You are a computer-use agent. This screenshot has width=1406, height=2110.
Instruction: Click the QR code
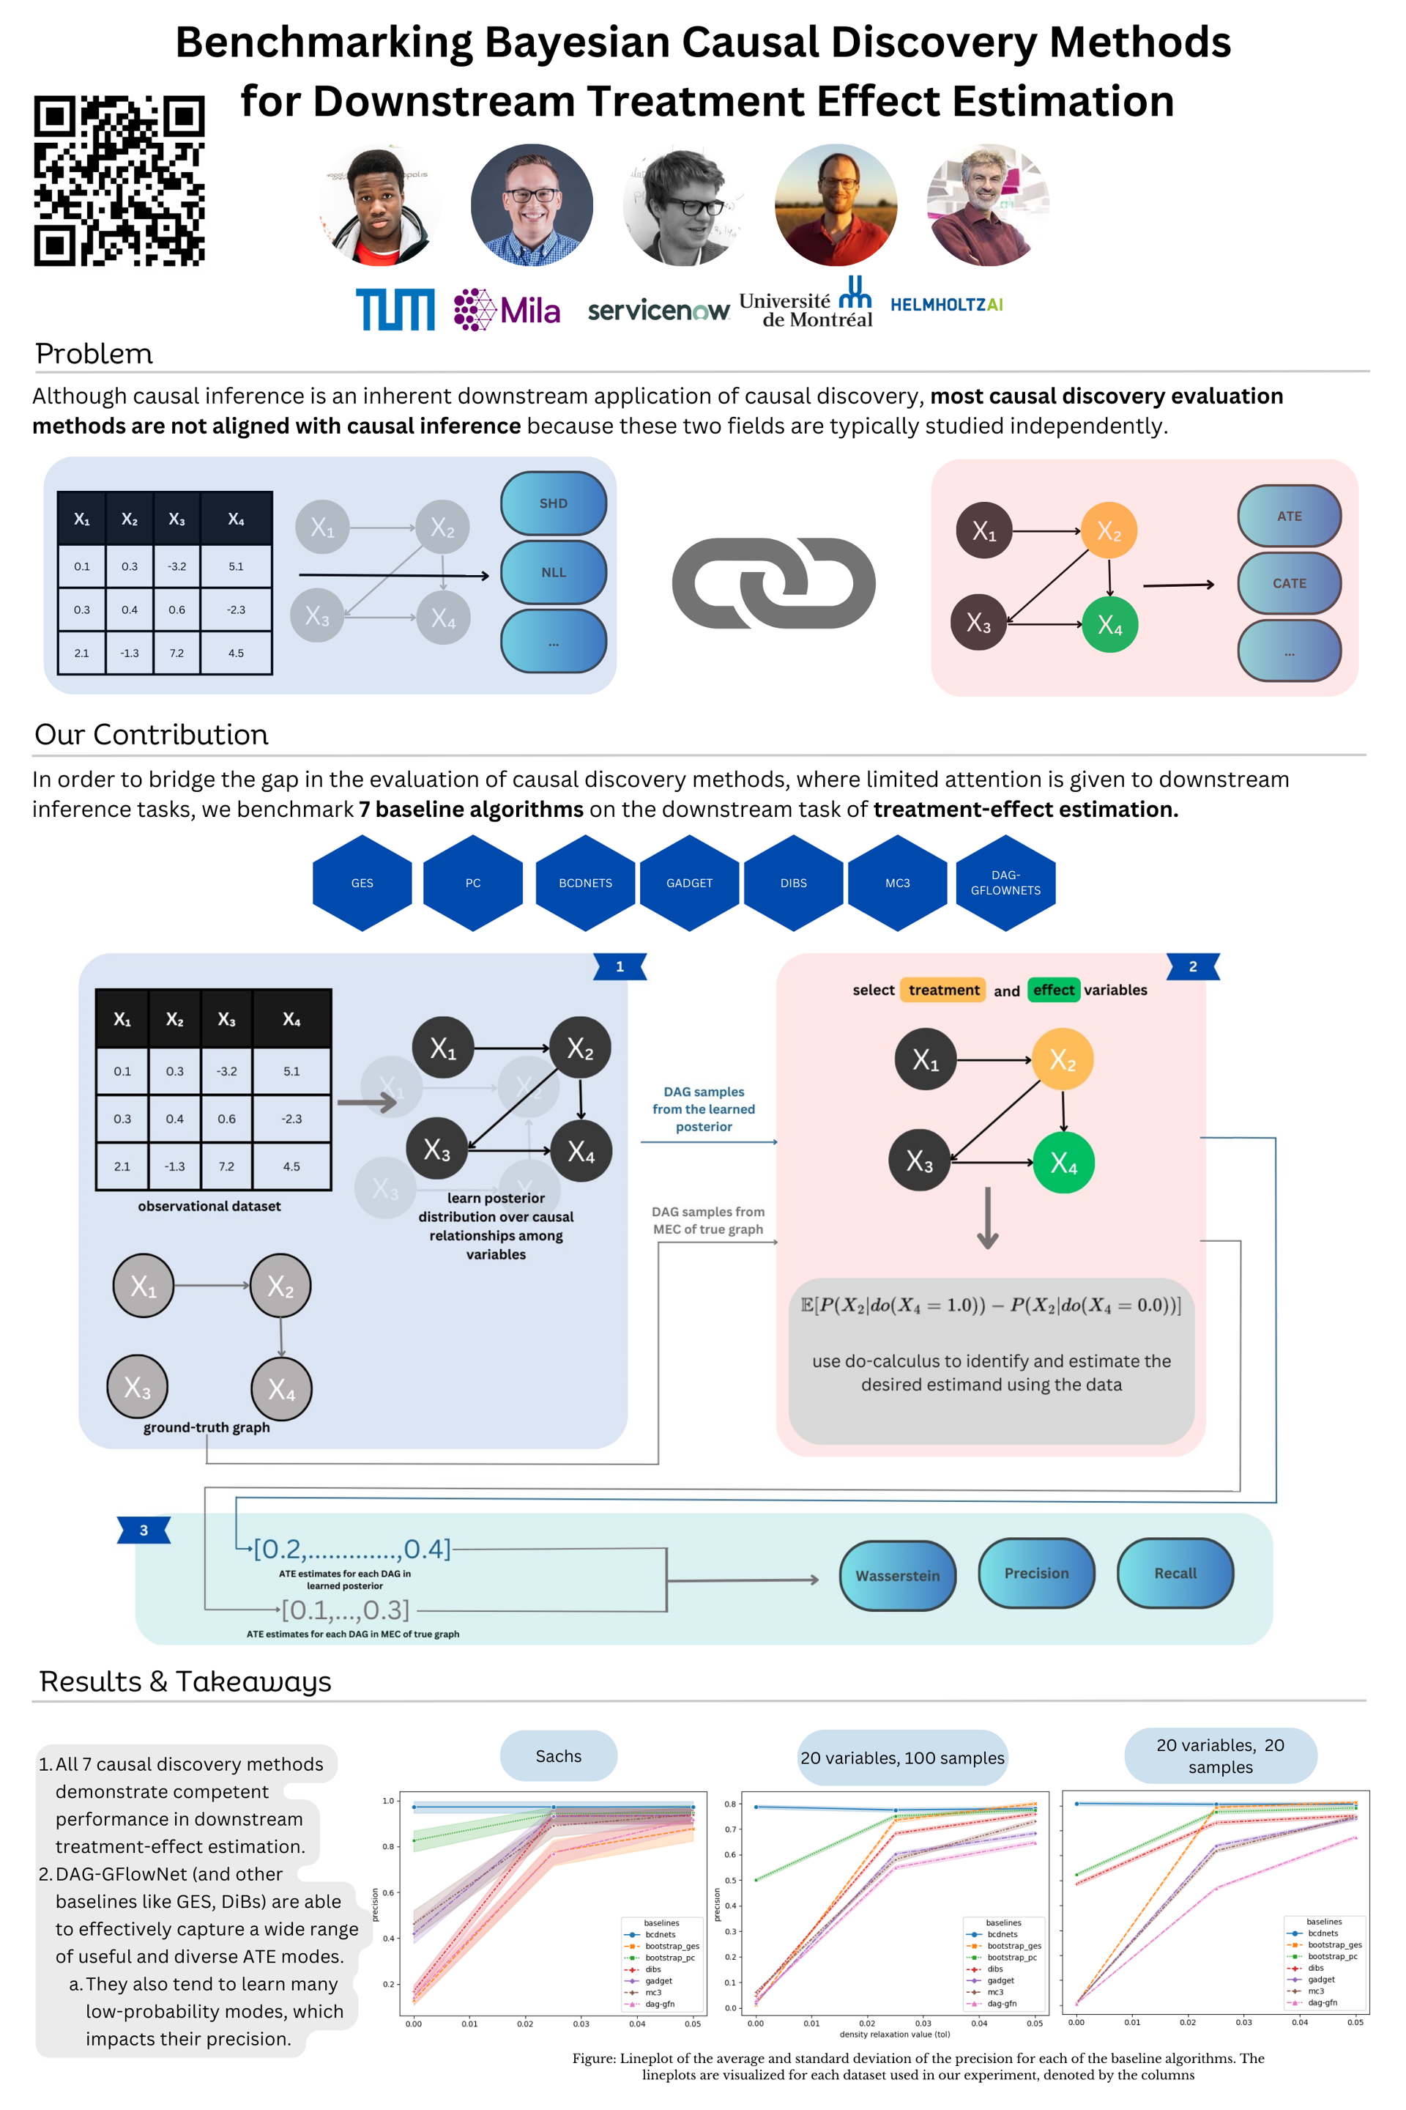[x=119, y=180]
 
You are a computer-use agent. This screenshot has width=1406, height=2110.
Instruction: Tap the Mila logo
[x=507, y=309]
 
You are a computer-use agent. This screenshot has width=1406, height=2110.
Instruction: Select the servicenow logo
[x=658, y=311]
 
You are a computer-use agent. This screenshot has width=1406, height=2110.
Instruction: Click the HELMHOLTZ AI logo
[x=946, y=305]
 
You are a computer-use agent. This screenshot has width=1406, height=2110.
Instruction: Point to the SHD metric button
[x=554, y=503]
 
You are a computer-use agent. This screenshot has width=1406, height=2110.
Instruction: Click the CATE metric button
[x=1289, y=583]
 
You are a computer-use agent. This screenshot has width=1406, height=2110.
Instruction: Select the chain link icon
[x=773, y=582]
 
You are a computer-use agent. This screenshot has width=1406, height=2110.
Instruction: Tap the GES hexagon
[x=362, y=883]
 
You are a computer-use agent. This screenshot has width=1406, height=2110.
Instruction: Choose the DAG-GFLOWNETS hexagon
[x=1005, y=883]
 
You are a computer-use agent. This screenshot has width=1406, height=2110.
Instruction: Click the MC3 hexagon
[x=896, y=883]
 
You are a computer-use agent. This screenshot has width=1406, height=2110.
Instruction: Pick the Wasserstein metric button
[x=898, y=1575]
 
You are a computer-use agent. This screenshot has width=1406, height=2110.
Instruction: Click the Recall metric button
[x=1175, y=1574]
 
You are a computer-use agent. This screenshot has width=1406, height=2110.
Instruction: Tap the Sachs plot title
[x=558, y=1755]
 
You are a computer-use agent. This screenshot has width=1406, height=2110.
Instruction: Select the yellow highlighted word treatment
[x=943, y=990]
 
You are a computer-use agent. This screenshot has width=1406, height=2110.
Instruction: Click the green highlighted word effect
[x=1053, y=990]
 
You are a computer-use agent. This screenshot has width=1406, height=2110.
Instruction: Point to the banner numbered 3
[x=144, y=1530]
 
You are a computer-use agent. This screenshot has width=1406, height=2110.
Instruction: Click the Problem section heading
[x=94, y=353]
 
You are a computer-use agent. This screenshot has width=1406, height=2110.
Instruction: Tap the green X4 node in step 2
[x=1063, y=1163]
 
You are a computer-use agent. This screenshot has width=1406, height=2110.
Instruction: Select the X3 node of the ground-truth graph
[x=137, y=1387]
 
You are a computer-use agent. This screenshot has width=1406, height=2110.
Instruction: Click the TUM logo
[x=395, y=309]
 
